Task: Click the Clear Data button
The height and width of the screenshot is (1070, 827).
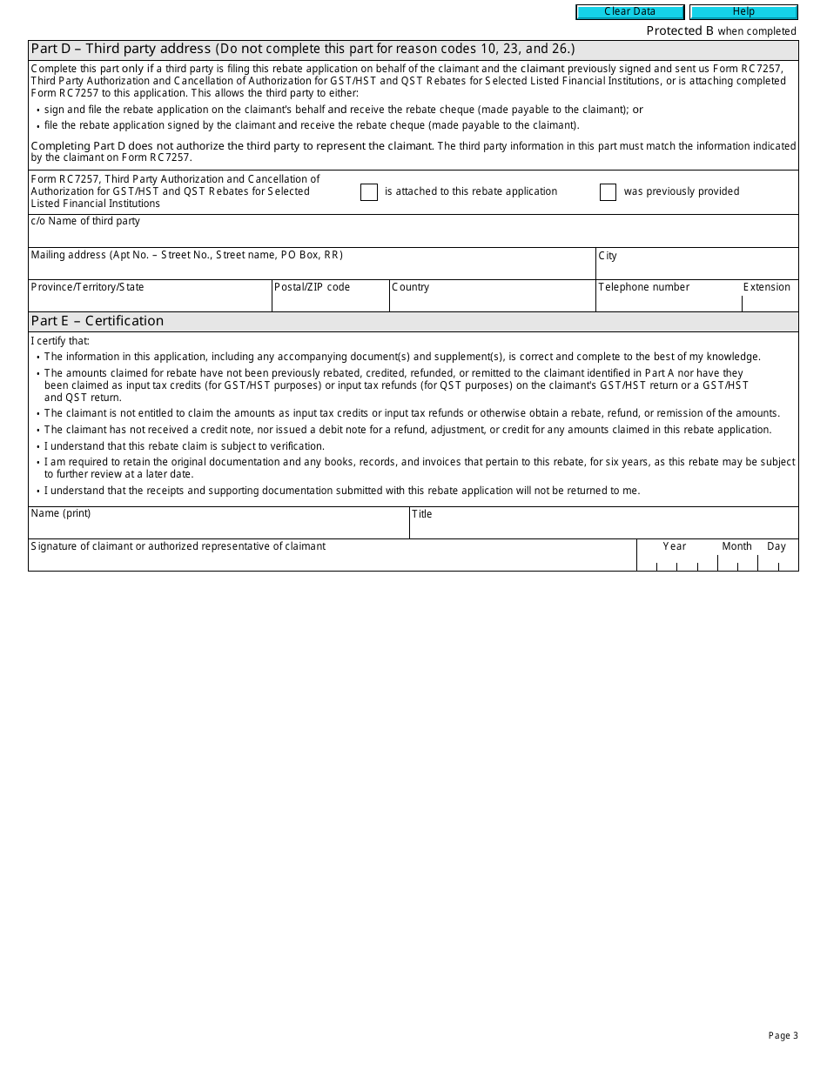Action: [629, 12]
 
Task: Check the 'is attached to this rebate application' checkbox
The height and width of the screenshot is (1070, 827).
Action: [369, 192]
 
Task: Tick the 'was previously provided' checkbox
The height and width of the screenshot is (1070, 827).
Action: [608, 192]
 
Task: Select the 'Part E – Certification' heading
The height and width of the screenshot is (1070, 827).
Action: [97, 321]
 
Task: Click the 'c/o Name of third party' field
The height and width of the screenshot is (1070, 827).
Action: [413, 236]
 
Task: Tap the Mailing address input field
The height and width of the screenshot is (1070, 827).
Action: [312, 268]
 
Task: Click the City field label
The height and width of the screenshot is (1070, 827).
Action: [608, 256]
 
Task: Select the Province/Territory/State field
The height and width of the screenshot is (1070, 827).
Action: [150, 300]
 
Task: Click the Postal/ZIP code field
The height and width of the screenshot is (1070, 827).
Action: [330, 300]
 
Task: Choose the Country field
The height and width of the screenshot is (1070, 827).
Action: [492, 300]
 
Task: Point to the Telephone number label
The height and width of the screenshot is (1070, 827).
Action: [643, 287]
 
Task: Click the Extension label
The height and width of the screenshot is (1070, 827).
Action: [766, 287]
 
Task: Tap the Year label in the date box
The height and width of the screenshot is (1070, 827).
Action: [674, 546]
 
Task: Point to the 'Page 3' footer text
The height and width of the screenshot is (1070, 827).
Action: [783, 1035]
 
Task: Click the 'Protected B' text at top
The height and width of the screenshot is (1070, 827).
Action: [680, 31]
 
